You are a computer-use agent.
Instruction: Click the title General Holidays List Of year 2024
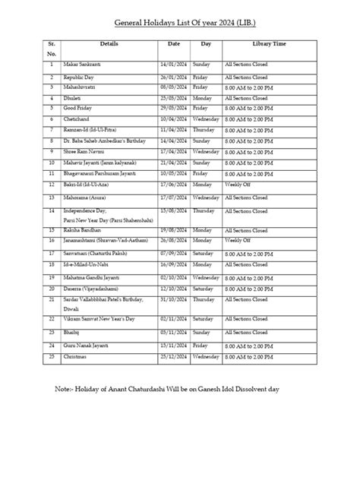click(x=179, y=24)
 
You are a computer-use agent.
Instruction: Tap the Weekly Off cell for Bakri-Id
click(x=238, y=184)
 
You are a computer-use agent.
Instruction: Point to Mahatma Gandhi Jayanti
click(x=84, y=278)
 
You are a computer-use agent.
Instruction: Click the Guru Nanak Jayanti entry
click(x=76, y=344)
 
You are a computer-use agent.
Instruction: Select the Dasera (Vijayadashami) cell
click(x=81, y=289)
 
